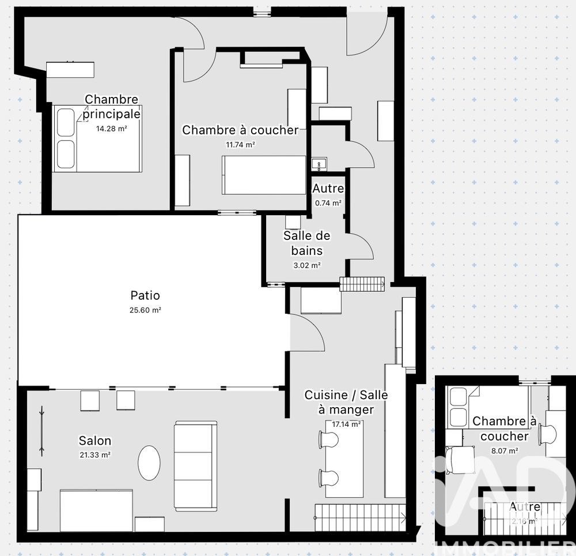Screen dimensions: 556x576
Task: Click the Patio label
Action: point(145,295)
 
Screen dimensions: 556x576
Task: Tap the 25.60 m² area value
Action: point(145,310)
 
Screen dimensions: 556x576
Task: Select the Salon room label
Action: point(94,441)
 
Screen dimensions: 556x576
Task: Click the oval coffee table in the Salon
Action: point(150,461)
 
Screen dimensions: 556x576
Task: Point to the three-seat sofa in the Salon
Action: point(195,466)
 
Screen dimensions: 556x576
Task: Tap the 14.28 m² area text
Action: point(111,129)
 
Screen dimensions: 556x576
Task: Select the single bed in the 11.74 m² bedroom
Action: point(263,175)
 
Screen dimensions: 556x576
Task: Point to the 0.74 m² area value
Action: point(328,203)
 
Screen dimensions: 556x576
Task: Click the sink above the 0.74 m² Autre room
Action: point(319,164)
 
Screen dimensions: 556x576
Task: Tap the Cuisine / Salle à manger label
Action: point(346,402)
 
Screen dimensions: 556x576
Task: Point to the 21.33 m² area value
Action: point(95,454)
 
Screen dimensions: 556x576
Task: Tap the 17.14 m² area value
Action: point(346,424)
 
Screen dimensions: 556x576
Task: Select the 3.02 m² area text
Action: point(306,265)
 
